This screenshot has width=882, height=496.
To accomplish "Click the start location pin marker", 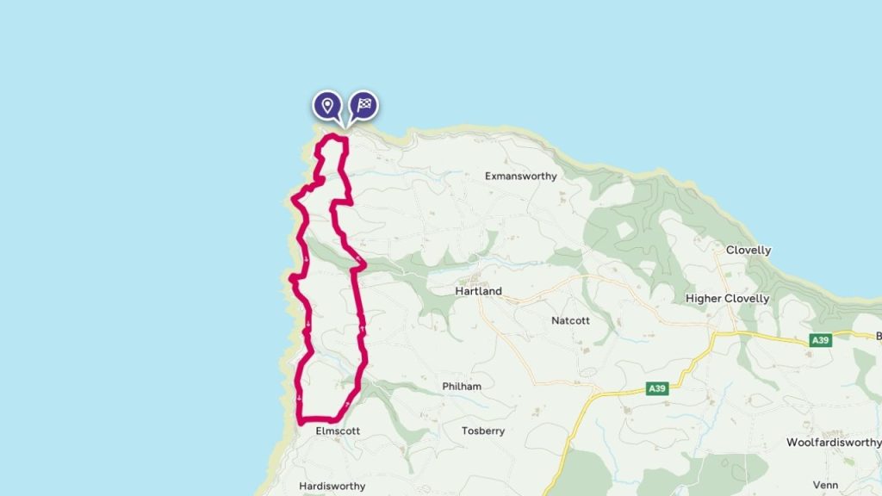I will pos(326,106).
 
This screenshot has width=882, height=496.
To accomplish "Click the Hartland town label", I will pos(478,291).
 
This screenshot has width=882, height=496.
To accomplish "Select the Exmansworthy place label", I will pos(520,177).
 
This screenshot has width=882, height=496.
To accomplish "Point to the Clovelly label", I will pos(748,251).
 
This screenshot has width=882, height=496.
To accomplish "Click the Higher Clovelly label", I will pos(727,299).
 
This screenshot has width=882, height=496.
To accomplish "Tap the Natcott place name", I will pos(570,320).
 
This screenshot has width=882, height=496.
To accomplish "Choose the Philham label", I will pos(461,387).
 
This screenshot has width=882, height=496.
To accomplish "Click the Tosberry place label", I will pos(482,431).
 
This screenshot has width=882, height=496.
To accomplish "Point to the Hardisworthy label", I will pos(332,487).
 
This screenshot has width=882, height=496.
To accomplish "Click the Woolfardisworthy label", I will pos(834,443).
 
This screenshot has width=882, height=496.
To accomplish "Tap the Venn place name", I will pos(825,486).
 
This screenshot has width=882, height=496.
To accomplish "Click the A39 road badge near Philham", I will pos(657,389).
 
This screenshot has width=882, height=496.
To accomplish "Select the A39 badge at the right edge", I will pos(822,341).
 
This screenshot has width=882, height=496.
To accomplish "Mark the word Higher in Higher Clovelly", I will pos(703,299).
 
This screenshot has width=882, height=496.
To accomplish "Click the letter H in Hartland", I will pos(458,291).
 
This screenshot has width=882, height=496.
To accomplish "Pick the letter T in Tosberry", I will pos(465,431).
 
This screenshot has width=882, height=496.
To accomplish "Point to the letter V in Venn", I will pos(814,486).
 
